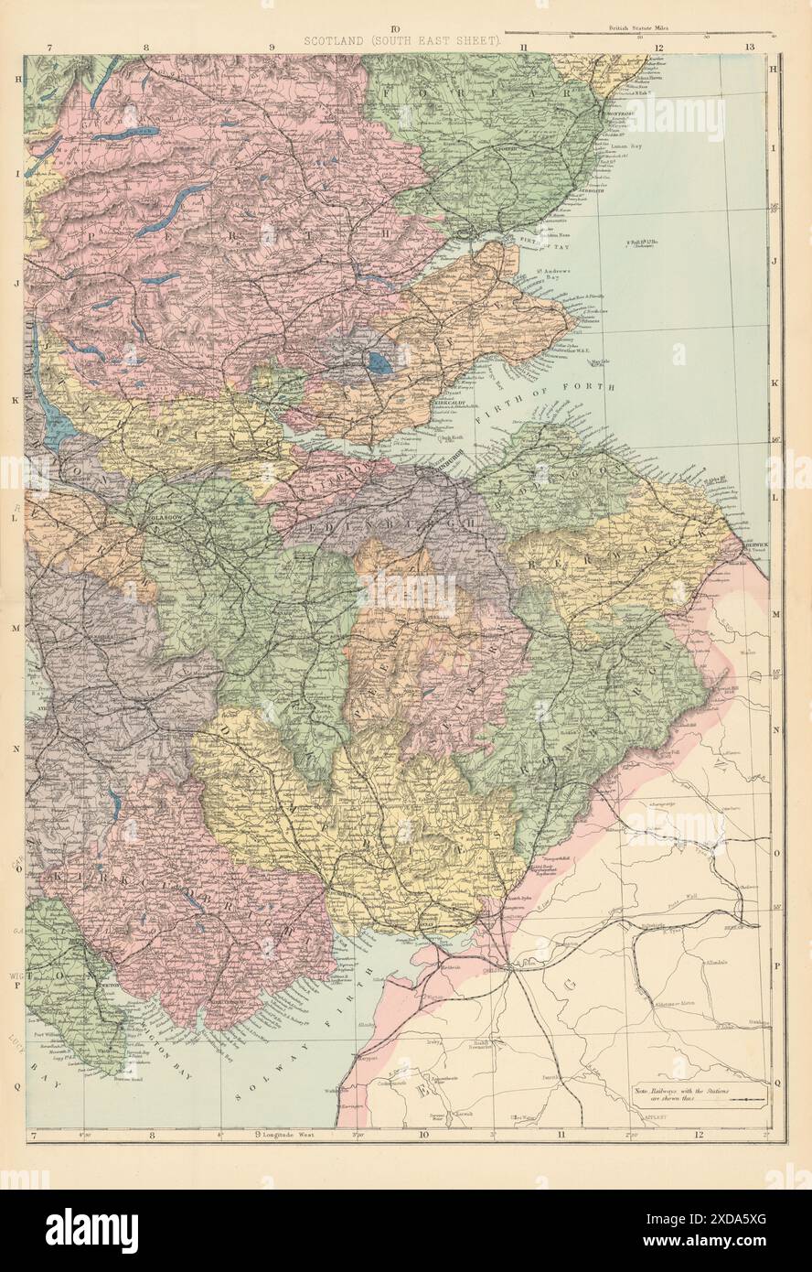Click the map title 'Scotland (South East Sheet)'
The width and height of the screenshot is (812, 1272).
[x=396, y=41]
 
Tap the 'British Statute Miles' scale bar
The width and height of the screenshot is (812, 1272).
[x=666, y=30]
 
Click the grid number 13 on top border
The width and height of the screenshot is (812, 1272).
[x=749, y=46]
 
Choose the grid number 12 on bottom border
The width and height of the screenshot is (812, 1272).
[x=700, y=1137]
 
